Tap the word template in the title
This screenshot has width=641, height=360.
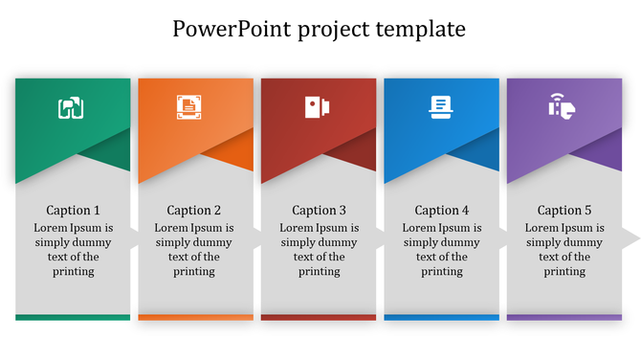pos(421,30)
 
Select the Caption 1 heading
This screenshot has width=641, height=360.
pos(73,211)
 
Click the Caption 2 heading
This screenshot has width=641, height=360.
pos(194,211)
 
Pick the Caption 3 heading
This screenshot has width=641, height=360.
pos(319,211)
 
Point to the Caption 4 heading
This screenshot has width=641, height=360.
pos(442,211)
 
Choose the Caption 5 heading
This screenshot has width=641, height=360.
pos(564,211)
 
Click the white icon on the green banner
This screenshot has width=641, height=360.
pos(72,108)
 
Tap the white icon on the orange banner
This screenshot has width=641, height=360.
pos(188,107)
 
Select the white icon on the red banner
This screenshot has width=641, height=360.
pos(318,107)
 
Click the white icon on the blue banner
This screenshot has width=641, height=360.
pos(441,107)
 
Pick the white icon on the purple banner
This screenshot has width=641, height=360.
pos(562,106)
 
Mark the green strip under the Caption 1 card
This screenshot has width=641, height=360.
pos(73,317)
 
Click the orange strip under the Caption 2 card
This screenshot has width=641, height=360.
pos(195,317)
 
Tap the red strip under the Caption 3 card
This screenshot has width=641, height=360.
pos(319,317)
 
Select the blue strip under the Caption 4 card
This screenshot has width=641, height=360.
pos(441,317)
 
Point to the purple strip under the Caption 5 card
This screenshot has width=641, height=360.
pos(564,317)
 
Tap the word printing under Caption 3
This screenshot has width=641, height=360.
pos(319,272)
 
